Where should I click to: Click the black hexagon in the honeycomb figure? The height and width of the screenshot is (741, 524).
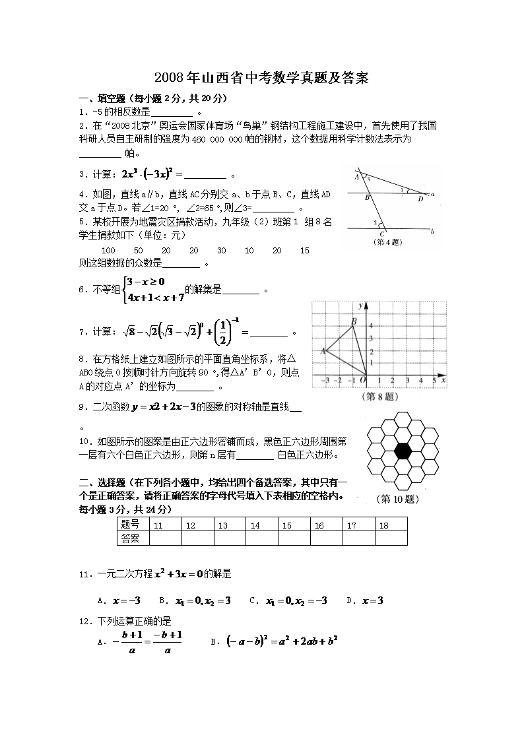pos(403,451)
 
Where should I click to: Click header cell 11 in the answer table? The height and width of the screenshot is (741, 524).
pos(158,525)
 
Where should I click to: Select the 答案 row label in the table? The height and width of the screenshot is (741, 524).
pos(131,538)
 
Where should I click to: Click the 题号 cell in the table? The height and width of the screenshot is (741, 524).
pos(131,525)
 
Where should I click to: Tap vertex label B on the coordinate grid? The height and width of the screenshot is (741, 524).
pos(354,321)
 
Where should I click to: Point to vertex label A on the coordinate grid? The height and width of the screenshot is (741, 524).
pos(323,351)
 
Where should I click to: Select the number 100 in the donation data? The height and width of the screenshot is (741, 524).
pos(110,251)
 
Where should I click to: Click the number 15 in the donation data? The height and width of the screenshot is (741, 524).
pos(304,251)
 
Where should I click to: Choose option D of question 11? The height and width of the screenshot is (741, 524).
pos(366,600)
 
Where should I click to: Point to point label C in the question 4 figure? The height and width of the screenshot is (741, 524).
pos(382,234)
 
